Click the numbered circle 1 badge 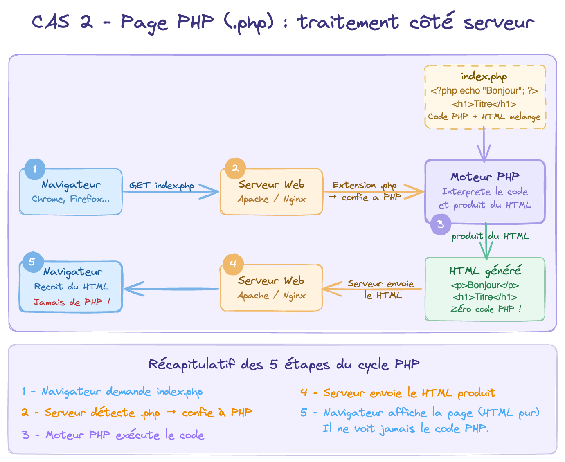(x=35, y=169)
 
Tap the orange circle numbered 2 (x=235, y=168)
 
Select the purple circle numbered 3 (x=441, y=224)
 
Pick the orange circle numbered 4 (x=233, y=264)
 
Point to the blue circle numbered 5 (x=32, y=262)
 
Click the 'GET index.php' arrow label (x=162, y=185)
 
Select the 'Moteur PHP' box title (x=485, y=177)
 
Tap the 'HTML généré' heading (x=485, y=271)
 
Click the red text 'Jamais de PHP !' (x=72, y=302)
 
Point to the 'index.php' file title (x=484, y=76)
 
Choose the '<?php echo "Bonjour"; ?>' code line (x=484, y=90)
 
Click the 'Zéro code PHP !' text (x=486, y=309)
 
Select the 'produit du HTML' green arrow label (x=490, y=236)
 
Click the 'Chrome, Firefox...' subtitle (x=71, y=199)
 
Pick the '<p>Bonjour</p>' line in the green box (x=485, y=285)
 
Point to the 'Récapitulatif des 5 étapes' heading (x=284, y=364)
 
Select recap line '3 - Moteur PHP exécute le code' (x=113, y=435)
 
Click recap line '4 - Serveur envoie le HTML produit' (x=398, y=393)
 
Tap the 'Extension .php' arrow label (x=364, y=185)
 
